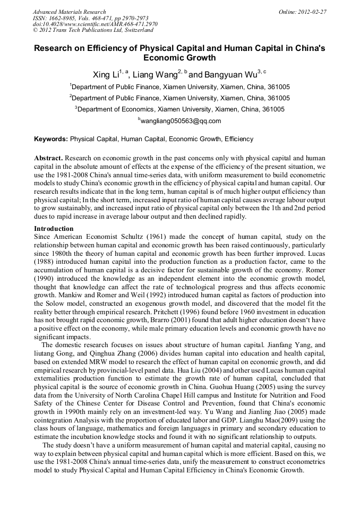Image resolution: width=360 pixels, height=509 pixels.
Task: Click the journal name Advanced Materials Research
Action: click(x=69, y=12)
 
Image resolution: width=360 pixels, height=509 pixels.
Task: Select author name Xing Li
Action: click(x=106, y=75)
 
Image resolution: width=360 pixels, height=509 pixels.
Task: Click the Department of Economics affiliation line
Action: click(x=179, y=109)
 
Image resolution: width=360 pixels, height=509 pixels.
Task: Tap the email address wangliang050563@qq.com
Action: click(x=179, y=121)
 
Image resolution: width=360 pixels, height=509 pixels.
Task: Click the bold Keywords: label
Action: click(x=51, y=139)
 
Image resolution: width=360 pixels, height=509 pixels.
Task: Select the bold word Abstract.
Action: click(x=49, y=159)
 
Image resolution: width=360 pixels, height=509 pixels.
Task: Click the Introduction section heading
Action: click(x=54, y=229)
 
